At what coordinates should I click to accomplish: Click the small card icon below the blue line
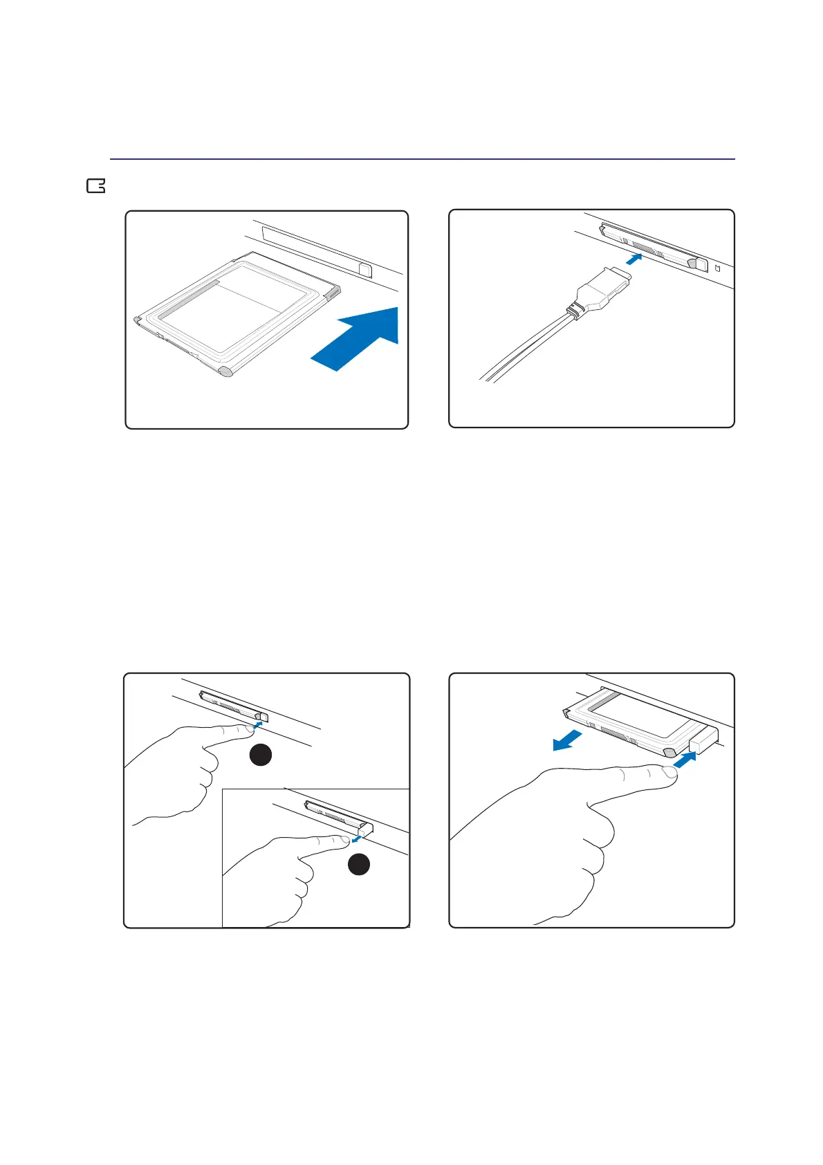[x=95, y=186]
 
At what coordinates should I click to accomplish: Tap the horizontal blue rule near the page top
[x=422, y=159]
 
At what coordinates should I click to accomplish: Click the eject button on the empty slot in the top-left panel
[x=366, y=267]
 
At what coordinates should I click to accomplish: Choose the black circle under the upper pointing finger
[x=260, y=755]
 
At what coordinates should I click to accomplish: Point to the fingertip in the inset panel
[x=342, y=841]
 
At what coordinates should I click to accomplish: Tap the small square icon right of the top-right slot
[x=717, y=269]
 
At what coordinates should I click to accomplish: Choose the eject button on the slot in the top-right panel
[x=700, y=264]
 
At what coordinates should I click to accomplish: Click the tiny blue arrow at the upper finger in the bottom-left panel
[x=258, y=724]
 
